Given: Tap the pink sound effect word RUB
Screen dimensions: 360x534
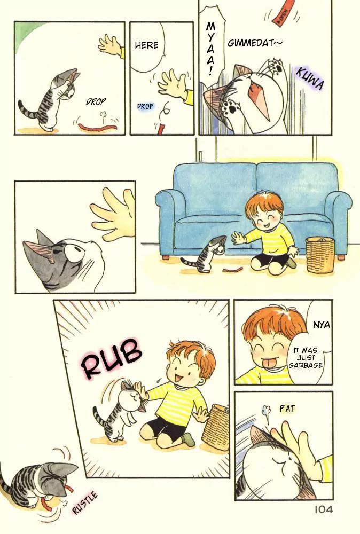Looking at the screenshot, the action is pos(112,358).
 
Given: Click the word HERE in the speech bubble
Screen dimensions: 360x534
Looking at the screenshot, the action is pos(146,45).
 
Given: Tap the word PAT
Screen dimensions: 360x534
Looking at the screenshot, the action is pos(287,409).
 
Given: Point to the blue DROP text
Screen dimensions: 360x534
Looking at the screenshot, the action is pos(145,106).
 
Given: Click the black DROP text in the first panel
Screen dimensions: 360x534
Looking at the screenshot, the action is pos(96,101).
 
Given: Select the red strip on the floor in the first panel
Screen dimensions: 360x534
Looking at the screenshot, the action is pos(98,128).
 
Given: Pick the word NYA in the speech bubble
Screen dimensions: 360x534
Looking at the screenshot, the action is pos(322,325).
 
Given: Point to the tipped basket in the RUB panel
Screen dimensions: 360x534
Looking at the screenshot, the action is pos(216,427).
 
